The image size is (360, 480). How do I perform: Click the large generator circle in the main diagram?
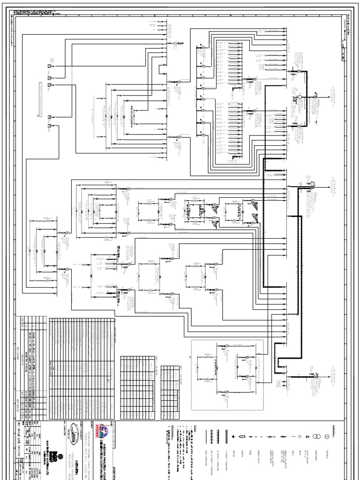point(297,98)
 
